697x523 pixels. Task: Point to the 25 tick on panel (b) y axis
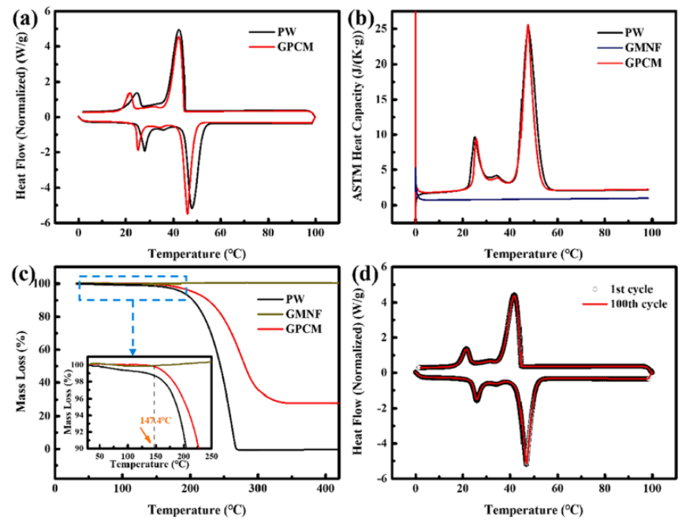coord(401,29)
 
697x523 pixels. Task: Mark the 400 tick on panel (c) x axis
coord(323,467)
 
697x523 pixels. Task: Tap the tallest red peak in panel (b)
coord(527,25)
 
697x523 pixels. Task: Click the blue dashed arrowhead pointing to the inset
coord(132,353)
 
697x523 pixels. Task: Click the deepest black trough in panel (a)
coord(192,208)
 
